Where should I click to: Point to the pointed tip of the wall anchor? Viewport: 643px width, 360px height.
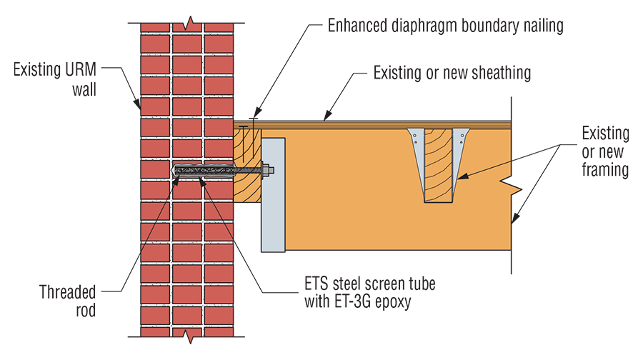174,170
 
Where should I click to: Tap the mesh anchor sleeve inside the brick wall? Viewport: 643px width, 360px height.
204,170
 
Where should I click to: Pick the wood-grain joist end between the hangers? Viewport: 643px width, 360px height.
438,164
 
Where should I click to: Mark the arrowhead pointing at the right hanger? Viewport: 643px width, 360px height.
462,176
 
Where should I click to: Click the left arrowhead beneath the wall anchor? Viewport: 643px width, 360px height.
176,182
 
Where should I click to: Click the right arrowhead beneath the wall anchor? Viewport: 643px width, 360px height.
202,182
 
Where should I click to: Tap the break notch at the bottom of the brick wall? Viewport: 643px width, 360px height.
186,334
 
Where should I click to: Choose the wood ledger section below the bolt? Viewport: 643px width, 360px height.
246,189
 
